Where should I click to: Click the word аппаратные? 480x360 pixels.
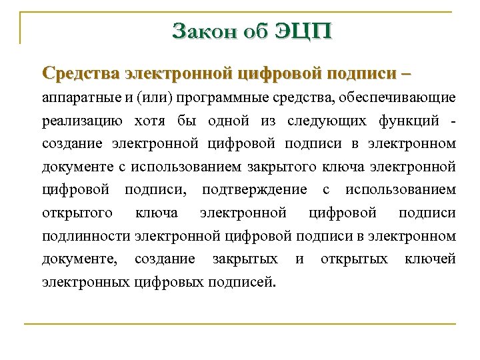(81, 99)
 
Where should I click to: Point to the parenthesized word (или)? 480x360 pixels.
(154, 99)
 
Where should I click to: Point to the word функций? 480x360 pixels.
(413, 121)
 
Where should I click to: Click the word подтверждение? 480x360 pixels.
(255, 190)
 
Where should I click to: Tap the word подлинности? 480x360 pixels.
(86, 236)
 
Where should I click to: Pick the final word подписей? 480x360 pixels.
(241, 281)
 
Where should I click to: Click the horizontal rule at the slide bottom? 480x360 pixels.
(240, 324)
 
